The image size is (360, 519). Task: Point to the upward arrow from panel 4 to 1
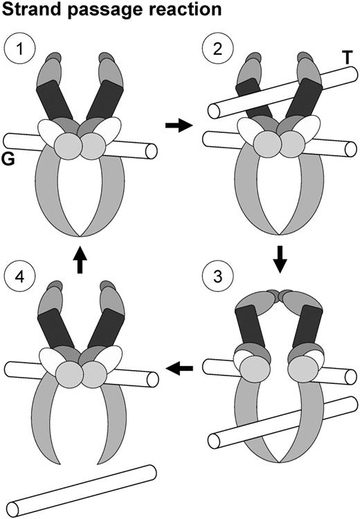(81, 262)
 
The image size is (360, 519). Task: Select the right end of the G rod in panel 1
(151, 150)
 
